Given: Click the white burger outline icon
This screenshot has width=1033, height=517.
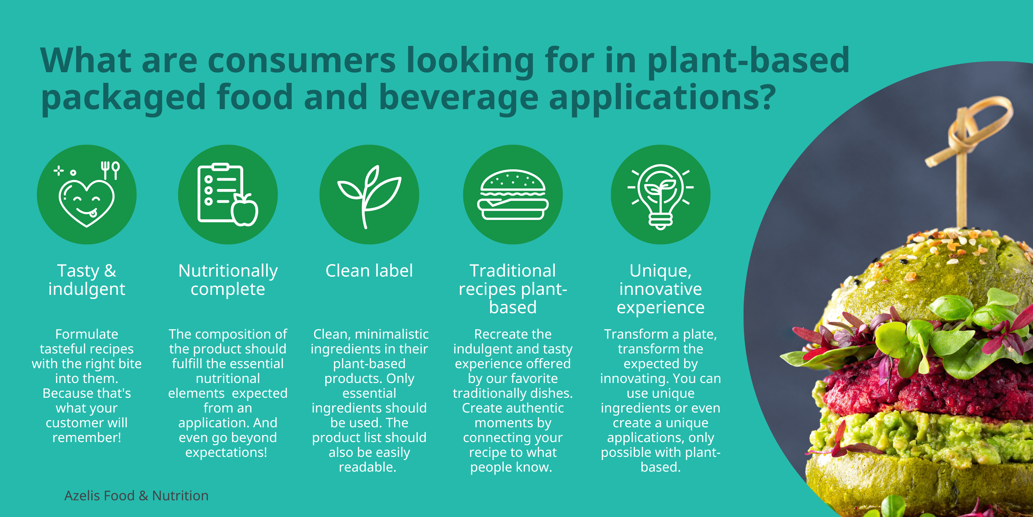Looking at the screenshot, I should pos(513,195).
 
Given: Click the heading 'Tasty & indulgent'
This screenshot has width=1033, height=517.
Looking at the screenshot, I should pos(87,280).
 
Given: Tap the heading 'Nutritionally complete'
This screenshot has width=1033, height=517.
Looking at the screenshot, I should pos(228,280).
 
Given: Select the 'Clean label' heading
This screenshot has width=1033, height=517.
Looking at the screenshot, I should pos(369,271).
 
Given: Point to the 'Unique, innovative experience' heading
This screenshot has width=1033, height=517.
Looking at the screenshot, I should pos(661,289).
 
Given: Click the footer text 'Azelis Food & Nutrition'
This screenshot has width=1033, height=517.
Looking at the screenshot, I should pos(136,496).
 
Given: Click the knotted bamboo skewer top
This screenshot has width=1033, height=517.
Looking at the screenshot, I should pos(966,132).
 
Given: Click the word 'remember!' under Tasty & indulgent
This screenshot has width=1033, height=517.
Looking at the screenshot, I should pos(87,437).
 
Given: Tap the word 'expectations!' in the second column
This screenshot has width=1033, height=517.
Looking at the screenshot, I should pos(226,452).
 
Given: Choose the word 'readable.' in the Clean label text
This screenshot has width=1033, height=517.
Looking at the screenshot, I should pos(368,467).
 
